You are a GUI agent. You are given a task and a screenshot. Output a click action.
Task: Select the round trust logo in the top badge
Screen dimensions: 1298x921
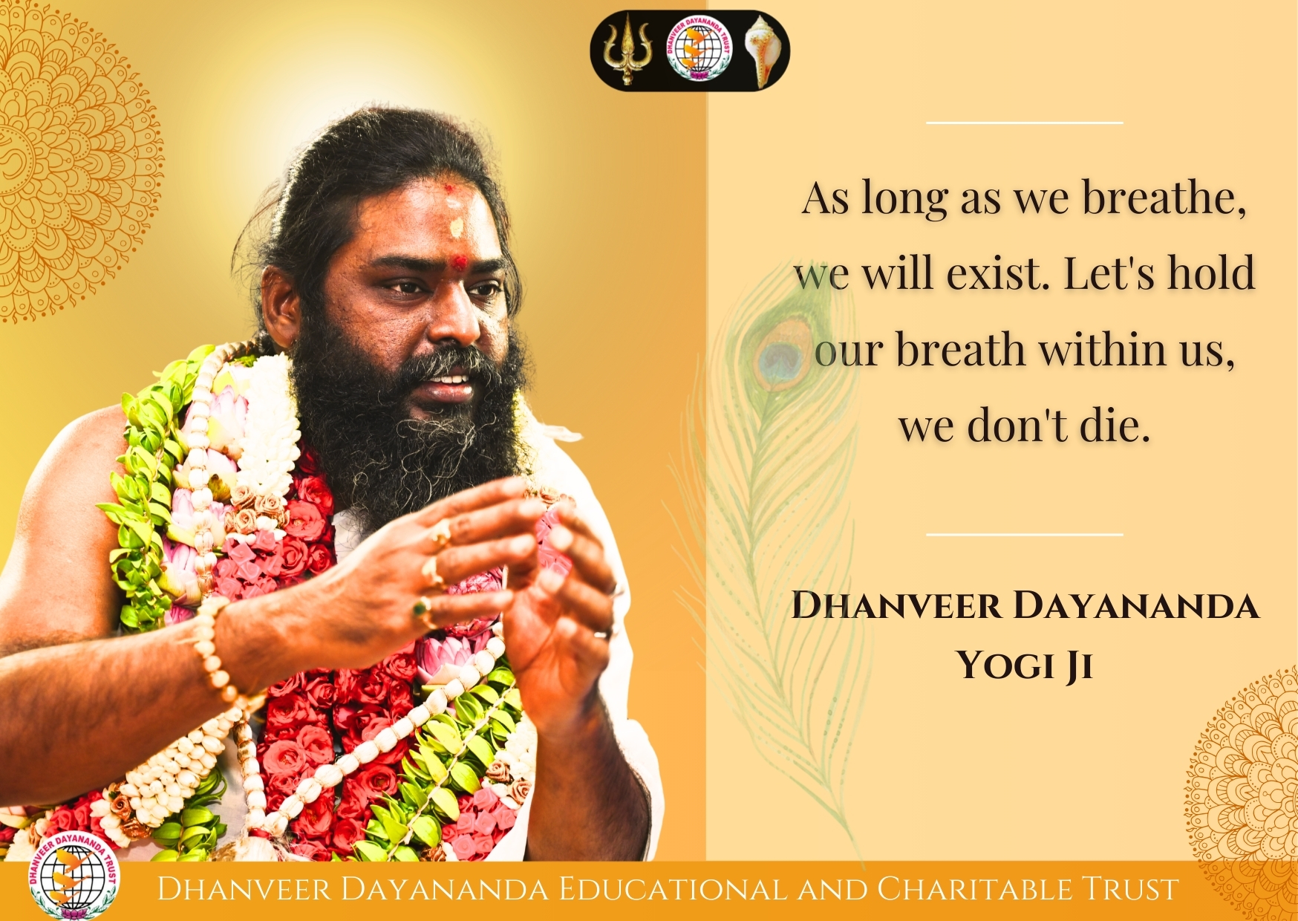click(699, 50)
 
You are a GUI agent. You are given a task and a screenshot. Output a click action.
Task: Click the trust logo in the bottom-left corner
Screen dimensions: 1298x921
click(73, 877)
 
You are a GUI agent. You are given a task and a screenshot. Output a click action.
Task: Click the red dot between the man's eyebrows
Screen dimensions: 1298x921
click(460, 261)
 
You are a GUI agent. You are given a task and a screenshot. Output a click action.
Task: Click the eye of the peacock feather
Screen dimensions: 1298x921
click(782, 354)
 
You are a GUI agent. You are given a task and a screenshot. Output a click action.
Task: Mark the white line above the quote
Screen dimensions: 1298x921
click(1025, 123)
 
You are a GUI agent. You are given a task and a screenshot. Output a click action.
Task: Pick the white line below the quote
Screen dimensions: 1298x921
click(1025, 534)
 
